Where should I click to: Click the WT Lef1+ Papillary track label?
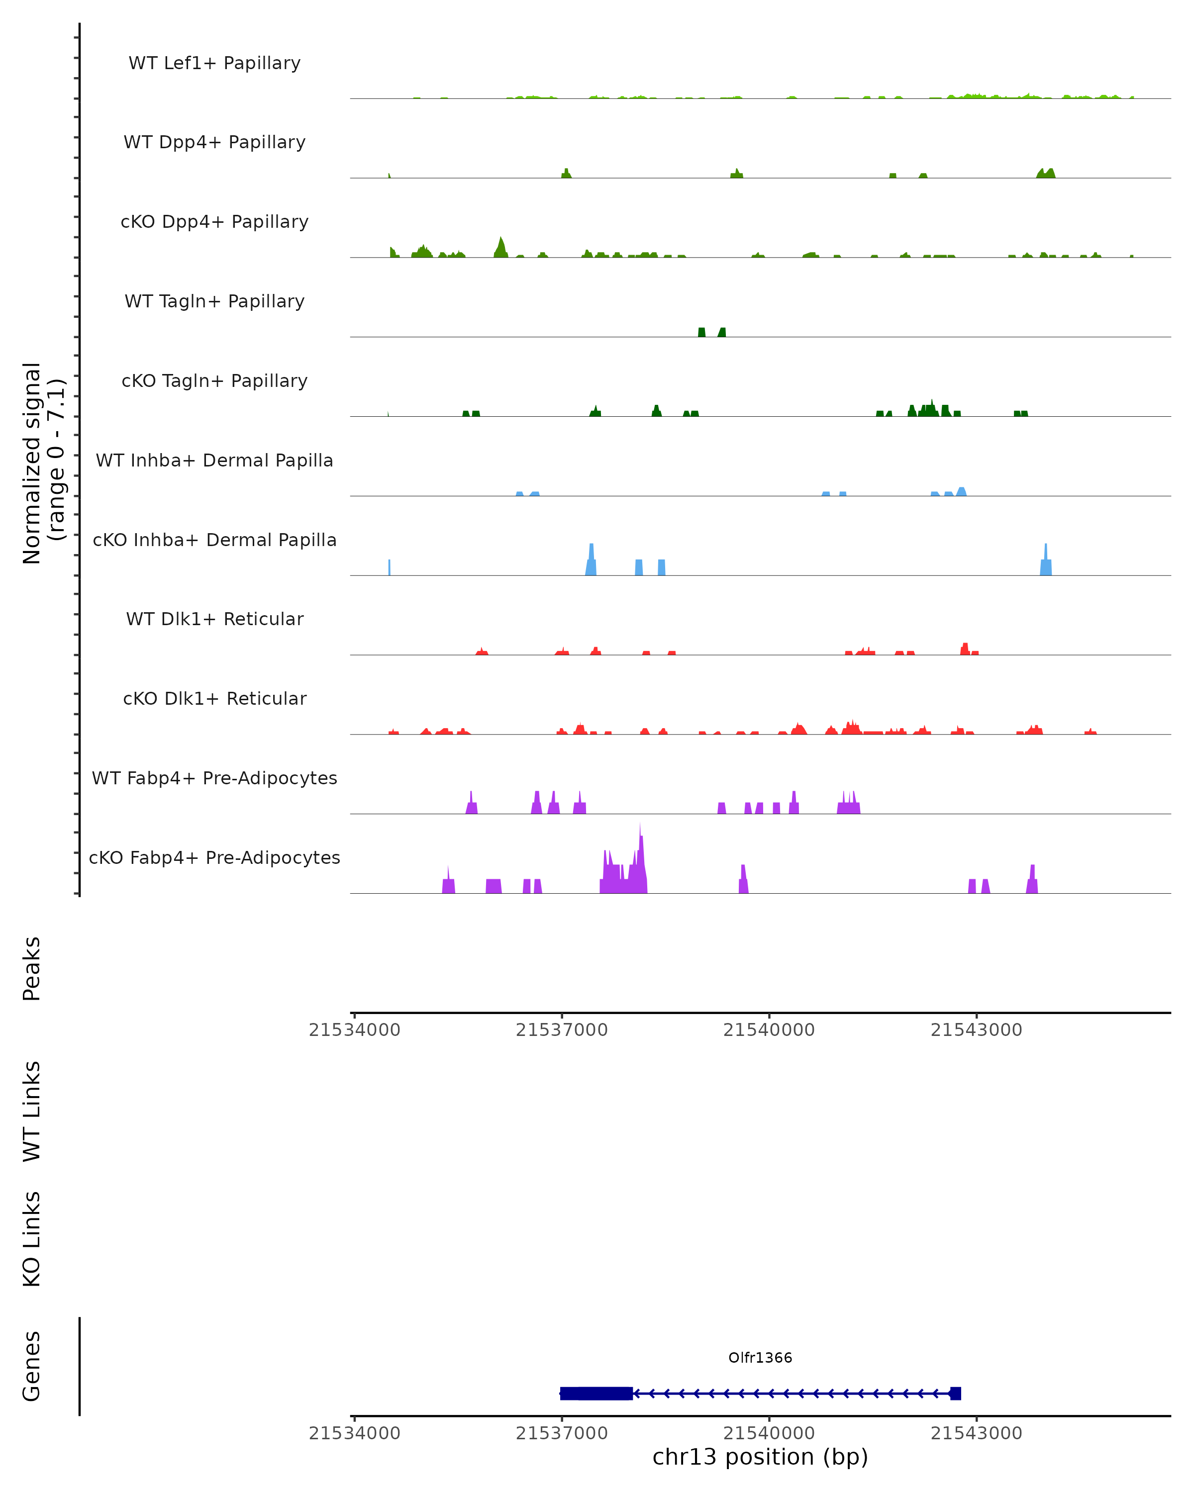tap(214, 63)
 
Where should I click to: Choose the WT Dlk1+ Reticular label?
tap(214, 619)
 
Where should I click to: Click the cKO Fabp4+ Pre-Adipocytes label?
tap(214, 857)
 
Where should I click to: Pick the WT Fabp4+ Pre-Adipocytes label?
tap(214, 778)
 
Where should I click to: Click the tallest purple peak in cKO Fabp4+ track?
tap(640, 825)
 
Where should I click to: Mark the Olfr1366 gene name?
tap(760, 1358)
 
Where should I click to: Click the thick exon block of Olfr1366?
tap(596, 1393)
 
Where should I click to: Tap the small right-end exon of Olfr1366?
tap(955, 1393)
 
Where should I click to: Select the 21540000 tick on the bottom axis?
tap(769, 1418)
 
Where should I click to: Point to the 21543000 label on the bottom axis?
tap(976, 1433)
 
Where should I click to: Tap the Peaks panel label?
tap(32, 969)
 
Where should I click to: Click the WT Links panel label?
tap(32, 1112)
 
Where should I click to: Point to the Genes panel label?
tap(32, 1366)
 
